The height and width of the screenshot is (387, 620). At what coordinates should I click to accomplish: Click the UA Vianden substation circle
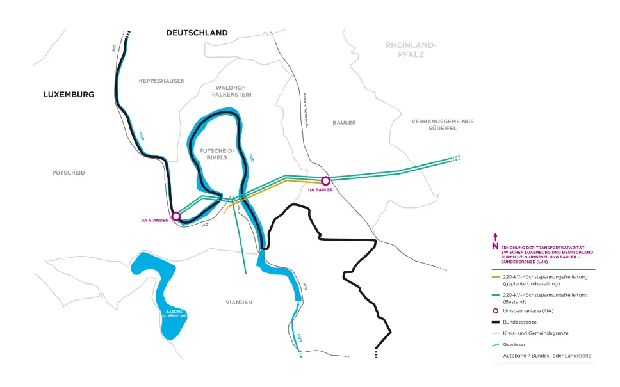(176, 216)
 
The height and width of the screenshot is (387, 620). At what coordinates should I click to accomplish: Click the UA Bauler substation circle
(325, 180)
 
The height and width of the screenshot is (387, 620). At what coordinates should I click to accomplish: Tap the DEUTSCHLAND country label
(197, 33)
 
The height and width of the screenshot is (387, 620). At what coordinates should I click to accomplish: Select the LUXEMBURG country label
(69, 94)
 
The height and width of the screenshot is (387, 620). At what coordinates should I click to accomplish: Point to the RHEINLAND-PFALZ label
(411, 50)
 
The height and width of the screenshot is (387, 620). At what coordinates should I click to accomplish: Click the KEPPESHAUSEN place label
(161, 81)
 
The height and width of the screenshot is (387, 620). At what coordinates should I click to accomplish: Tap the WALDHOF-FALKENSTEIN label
(232, 91)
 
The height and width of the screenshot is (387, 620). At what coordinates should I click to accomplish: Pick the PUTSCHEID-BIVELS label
(218, 154)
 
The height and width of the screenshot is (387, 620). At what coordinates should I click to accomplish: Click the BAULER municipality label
(344, 122)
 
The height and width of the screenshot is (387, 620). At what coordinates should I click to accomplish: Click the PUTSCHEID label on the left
(69, 173)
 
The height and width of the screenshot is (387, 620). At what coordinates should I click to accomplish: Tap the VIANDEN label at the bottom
(239, 302)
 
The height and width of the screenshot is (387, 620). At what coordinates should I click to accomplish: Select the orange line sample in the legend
(496, 277)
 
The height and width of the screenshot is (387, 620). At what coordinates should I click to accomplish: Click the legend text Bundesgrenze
(520, 322)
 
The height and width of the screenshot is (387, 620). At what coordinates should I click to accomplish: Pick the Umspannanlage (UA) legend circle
(495, 311)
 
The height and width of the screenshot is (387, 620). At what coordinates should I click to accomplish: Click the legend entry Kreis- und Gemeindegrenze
(535, 333)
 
